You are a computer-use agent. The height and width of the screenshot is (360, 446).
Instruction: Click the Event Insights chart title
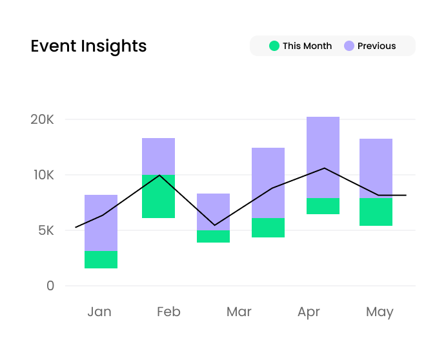pos(88,46)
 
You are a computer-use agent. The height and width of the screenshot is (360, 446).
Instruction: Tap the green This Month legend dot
pos(274,46)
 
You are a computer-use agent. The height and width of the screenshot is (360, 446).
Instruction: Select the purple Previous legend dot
pos(349,46)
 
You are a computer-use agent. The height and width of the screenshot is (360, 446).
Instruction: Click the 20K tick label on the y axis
pos(42,119)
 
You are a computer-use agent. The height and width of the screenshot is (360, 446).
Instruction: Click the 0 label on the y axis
pos(50,286)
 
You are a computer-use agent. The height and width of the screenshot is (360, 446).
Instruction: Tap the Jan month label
pos(99,312)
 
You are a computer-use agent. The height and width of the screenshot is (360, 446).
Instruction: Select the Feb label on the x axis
pos(168,312)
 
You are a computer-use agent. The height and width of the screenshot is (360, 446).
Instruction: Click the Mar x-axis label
pos(239,312)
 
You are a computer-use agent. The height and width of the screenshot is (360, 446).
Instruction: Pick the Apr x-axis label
pos(309,312)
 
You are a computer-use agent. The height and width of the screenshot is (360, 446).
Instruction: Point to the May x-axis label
pos(380,312)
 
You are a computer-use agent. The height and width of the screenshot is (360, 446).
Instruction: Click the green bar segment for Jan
pos(101,259)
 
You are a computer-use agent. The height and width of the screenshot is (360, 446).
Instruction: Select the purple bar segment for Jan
pos(101,223)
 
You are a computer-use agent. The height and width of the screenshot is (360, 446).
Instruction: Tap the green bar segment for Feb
pos(158,196)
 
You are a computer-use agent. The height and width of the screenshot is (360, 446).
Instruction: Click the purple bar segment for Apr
pos(323,157)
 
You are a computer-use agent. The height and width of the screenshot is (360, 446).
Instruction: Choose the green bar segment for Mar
pos(213,236)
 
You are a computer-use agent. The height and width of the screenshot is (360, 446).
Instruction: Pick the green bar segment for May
pos(376,212)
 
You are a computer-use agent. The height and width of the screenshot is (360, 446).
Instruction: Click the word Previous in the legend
pos(376,46)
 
